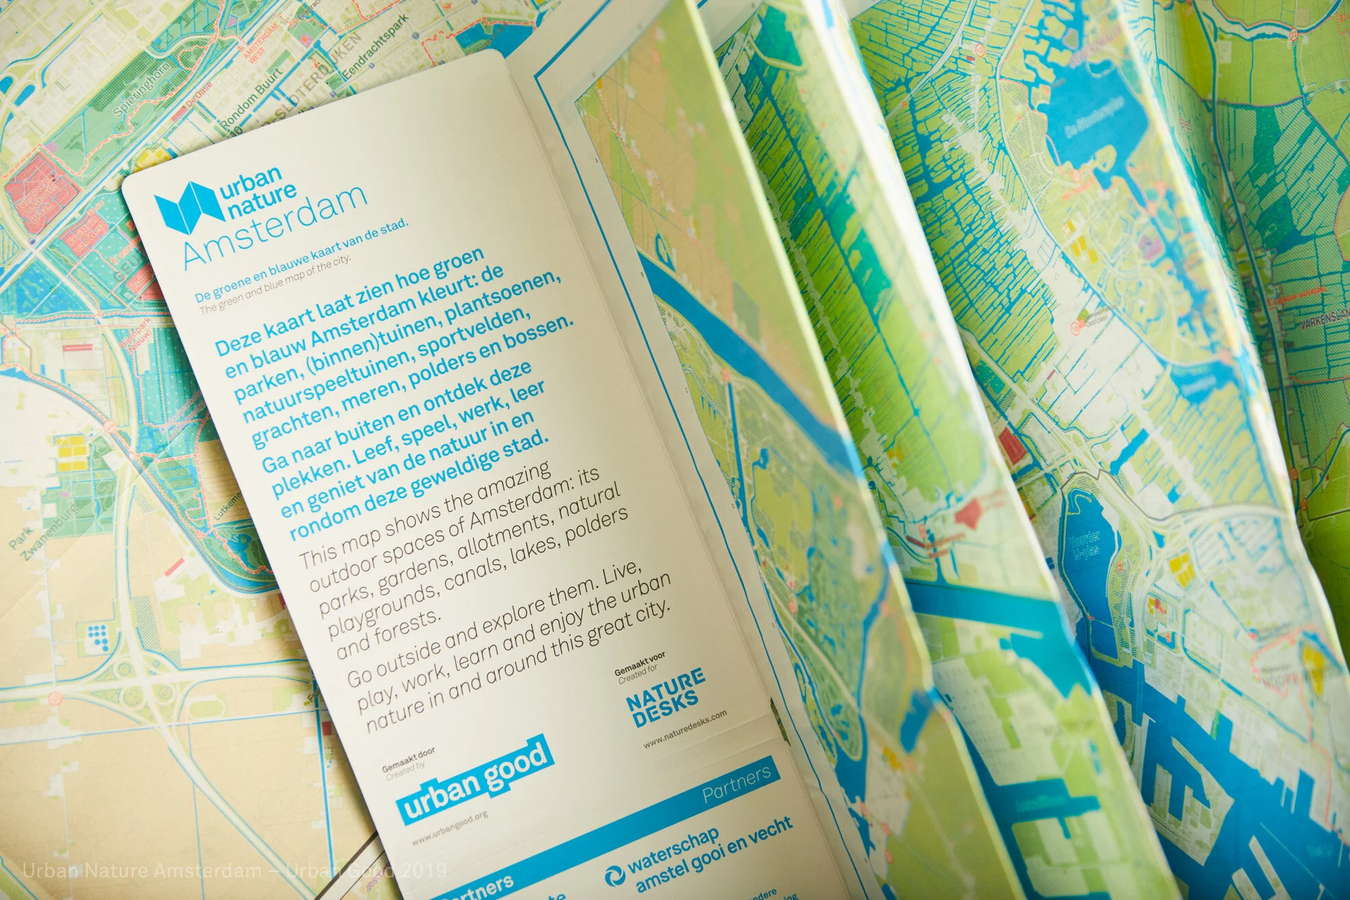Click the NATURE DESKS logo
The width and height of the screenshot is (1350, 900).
(x=664, y=697)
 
